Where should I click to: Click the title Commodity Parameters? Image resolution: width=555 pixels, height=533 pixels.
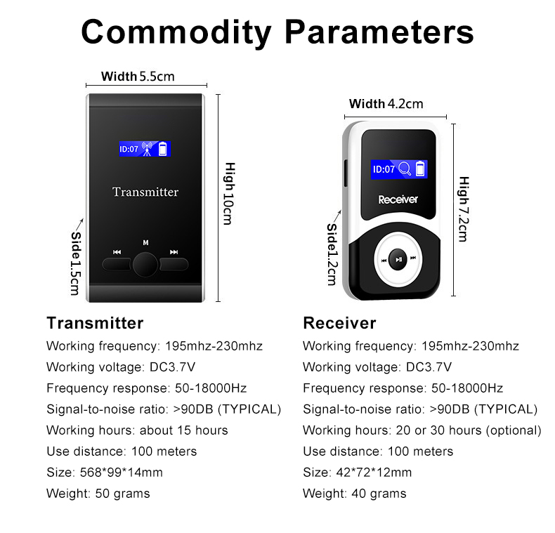pyautogui.click(x=277, y=32)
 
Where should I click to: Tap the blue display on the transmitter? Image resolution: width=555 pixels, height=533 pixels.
pyautogui.click(x=145, y=149)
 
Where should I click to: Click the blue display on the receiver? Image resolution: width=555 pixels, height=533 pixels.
pyautogui.click(x=398, y=169)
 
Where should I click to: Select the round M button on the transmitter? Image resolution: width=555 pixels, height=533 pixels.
pyautogui.click(x=145, y=264)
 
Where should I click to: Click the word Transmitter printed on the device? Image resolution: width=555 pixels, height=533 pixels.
pyautogui.click(x=145, y=192)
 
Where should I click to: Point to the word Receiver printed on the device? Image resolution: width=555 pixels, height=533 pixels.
pyautogui.click(x=398, y=199)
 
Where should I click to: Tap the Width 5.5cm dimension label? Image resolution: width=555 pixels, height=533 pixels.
pyautogui.click(x=138, y=77)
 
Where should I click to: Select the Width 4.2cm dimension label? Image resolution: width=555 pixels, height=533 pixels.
pyautogui.click(x=386, y=104)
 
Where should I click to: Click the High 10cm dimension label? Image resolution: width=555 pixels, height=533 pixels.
pyautogui.click(x=229, y=194)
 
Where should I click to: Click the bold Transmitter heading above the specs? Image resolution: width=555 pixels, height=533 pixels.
pyautogui.click(x=95, y=323)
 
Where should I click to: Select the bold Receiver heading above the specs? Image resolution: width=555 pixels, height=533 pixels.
pyautogui.click(x=339, y=323)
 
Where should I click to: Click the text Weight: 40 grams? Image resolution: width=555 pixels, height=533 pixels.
pyautogui.click(x=354, y=493)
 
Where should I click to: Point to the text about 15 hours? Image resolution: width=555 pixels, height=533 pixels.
pyautogui.click(x=183, y=430)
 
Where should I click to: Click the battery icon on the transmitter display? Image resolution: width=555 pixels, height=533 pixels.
pyautogui.click(x=163, y=149)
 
